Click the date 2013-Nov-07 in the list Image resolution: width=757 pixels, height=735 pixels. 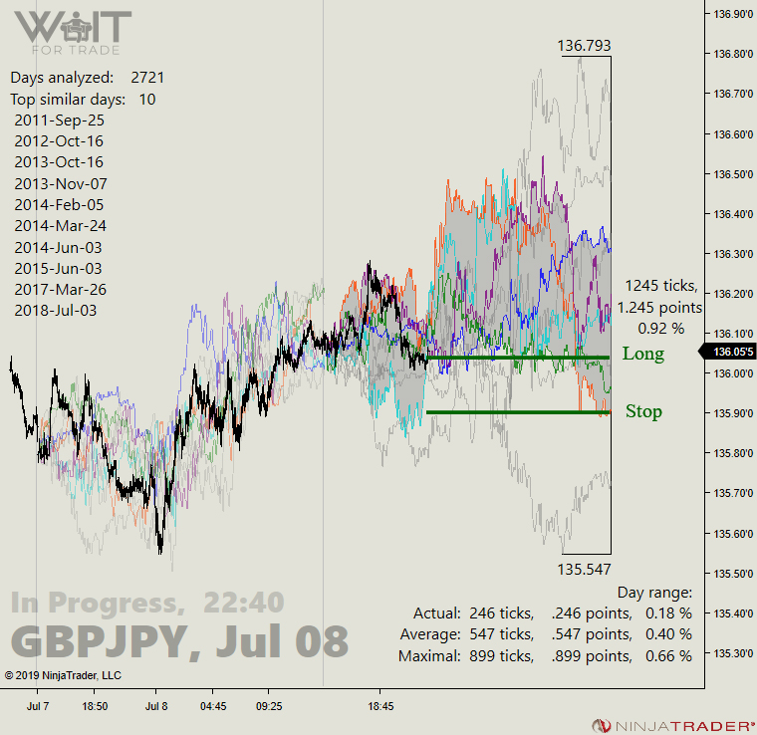click(x=61, y=183)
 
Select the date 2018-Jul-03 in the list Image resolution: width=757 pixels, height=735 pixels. click(x=58, y=310)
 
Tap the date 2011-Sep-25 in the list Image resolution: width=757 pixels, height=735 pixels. click(x=59, y=120)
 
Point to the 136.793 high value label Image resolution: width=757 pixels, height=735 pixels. click(x=584, y=46)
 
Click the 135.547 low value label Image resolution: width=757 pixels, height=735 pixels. click(x=584, y=569)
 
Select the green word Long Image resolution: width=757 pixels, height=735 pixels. click(x=642, y=354)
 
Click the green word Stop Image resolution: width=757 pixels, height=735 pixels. click(x=643, y=411)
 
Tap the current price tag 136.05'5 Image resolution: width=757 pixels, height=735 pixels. click(x=734, y=352)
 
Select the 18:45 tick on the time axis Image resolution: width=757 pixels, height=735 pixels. click(x=380, y=706)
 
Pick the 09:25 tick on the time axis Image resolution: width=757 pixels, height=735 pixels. click(x=268, y=706)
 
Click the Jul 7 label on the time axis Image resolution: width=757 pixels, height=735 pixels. click(x=38, y=706)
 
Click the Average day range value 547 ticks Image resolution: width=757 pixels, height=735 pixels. click(x=501, y=634)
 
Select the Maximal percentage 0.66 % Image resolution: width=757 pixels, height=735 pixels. click(x=668, y=656)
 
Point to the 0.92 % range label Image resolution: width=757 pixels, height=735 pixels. click(x=661, y=328)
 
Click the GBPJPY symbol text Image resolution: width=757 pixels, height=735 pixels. click(x=98, y=641)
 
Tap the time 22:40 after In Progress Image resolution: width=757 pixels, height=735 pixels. click(x=244, y=603)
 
